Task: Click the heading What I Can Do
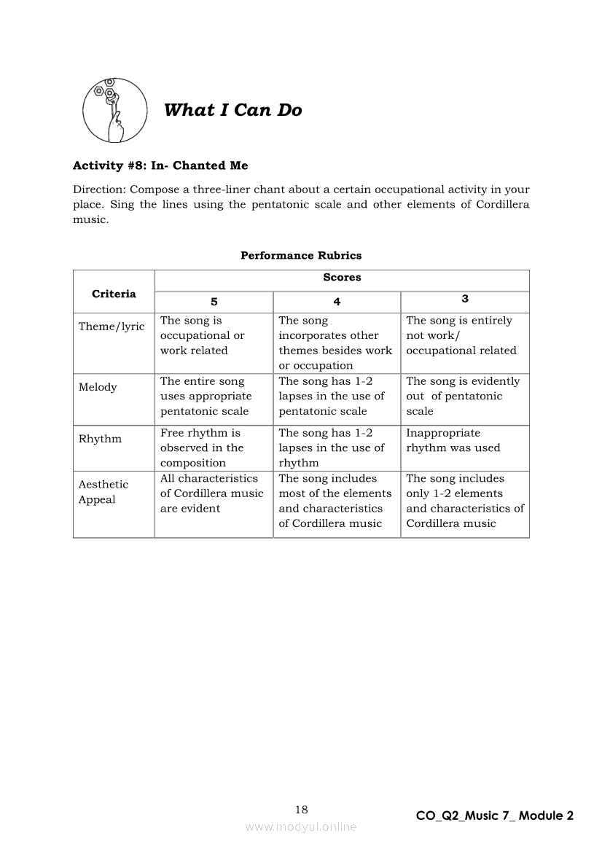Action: (232, 110)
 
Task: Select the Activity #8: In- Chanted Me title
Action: (160, 165)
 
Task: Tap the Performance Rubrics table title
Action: (301, 255)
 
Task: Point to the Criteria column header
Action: (114, 294)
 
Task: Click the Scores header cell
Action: (342, 277)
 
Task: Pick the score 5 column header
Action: (214, 301)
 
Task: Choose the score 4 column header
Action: (337, 301)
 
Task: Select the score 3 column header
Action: (465, 299)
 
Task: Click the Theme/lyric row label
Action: (112, 327)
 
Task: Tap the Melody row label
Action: (98, 387)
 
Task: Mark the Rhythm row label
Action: (100, 439)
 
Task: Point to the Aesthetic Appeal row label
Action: (103, 492)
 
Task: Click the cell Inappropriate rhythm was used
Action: (453, 440)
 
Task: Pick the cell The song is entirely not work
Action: (461, 335)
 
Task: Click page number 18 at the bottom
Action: (302, 809)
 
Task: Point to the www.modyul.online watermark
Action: (301, 826)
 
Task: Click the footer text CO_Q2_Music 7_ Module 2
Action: (494, 816)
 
